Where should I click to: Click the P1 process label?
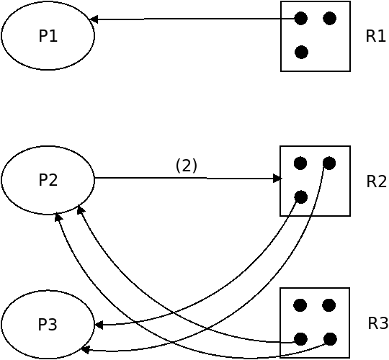[48, 36]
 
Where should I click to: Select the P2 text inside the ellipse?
[48, 180]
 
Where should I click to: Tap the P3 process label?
[48, 324]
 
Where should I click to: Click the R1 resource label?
[375, 36]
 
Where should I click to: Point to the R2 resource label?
[376, 181]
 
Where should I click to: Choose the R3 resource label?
[378, 323]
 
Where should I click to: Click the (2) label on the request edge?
[187, 166]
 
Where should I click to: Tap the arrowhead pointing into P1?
[93, 19]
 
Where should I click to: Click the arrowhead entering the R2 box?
[277, 179]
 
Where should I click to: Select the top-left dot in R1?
[301, 18]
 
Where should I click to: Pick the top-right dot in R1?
[330, 18]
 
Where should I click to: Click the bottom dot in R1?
[301, 53]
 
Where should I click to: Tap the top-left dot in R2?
[300, 163]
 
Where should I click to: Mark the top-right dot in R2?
[329, 163]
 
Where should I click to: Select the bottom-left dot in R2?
[301, 197]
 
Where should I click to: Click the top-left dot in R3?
[300, 305]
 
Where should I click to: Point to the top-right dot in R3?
[329, 305]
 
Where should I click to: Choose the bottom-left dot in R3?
[300, 339]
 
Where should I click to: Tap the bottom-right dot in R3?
[330, 339]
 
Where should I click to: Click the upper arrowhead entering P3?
[99, 325]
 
